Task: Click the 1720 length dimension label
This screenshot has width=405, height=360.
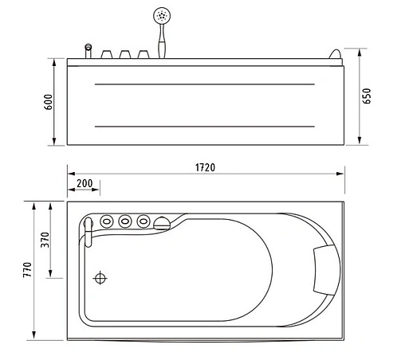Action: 206,166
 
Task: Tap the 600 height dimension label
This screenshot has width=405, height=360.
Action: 49,102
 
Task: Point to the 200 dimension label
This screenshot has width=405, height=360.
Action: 84,183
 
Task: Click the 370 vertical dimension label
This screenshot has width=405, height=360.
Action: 45,239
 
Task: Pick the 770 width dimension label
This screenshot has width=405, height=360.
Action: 28,270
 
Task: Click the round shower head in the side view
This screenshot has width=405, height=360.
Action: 163,15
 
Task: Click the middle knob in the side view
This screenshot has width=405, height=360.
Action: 125,54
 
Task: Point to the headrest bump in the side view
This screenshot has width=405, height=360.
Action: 333,55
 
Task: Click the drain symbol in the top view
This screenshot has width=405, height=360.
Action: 100,278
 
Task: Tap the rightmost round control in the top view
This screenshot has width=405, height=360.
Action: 143,221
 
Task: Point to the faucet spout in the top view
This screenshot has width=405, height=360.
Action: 89,229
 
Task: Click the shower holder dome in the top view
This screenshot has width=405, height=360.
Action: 163,223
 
